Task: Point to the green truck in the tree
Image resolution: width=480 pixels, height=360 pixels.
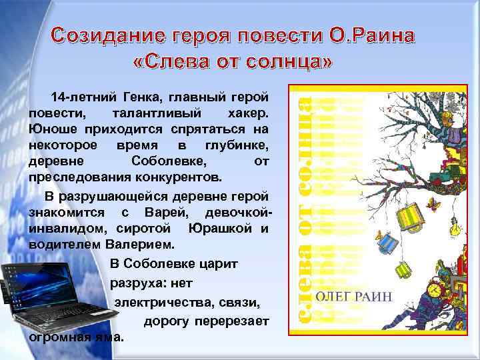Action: pos(445,178)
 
